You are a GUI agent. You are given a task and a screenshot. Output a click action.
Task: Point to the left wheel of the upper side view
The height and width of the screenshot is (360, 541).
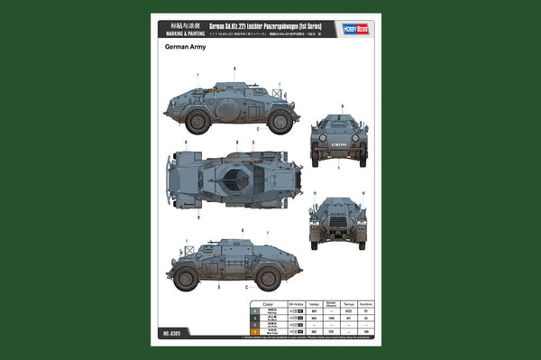[x=197, y=121]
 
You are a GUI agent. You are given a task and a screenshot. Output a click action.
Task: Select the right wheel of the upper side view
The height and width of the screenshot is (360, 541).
[x=279, y=121]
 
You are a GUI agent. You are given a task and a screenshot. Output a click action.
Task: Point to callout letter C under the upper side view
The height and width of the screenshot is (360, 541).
[x=258, y=130]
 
